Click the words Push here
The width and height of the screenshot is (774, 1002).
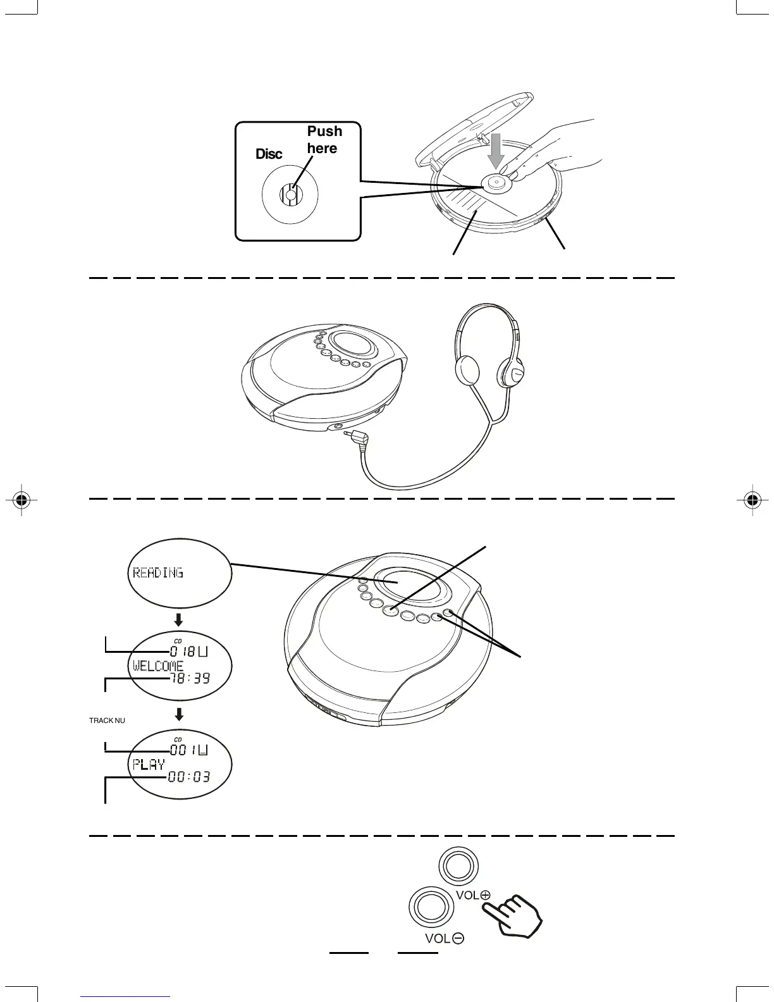point(324,140)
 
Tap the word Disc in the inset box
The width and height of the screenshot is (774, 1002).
point(269,154)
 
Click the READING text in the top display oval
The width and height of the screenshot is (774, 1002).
point(158,573)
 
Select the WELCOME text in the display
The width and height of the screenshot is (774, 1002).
point(158,665)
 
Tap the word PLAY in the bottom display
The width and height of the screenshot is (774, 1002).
point(149,764)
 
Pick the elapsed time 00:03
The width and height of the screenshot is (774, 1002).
point(189,777)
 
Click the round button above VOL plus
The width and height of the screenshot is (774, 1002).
point(458,865)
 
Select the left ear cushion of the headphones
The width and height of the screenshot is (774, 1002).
point(468,369)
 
